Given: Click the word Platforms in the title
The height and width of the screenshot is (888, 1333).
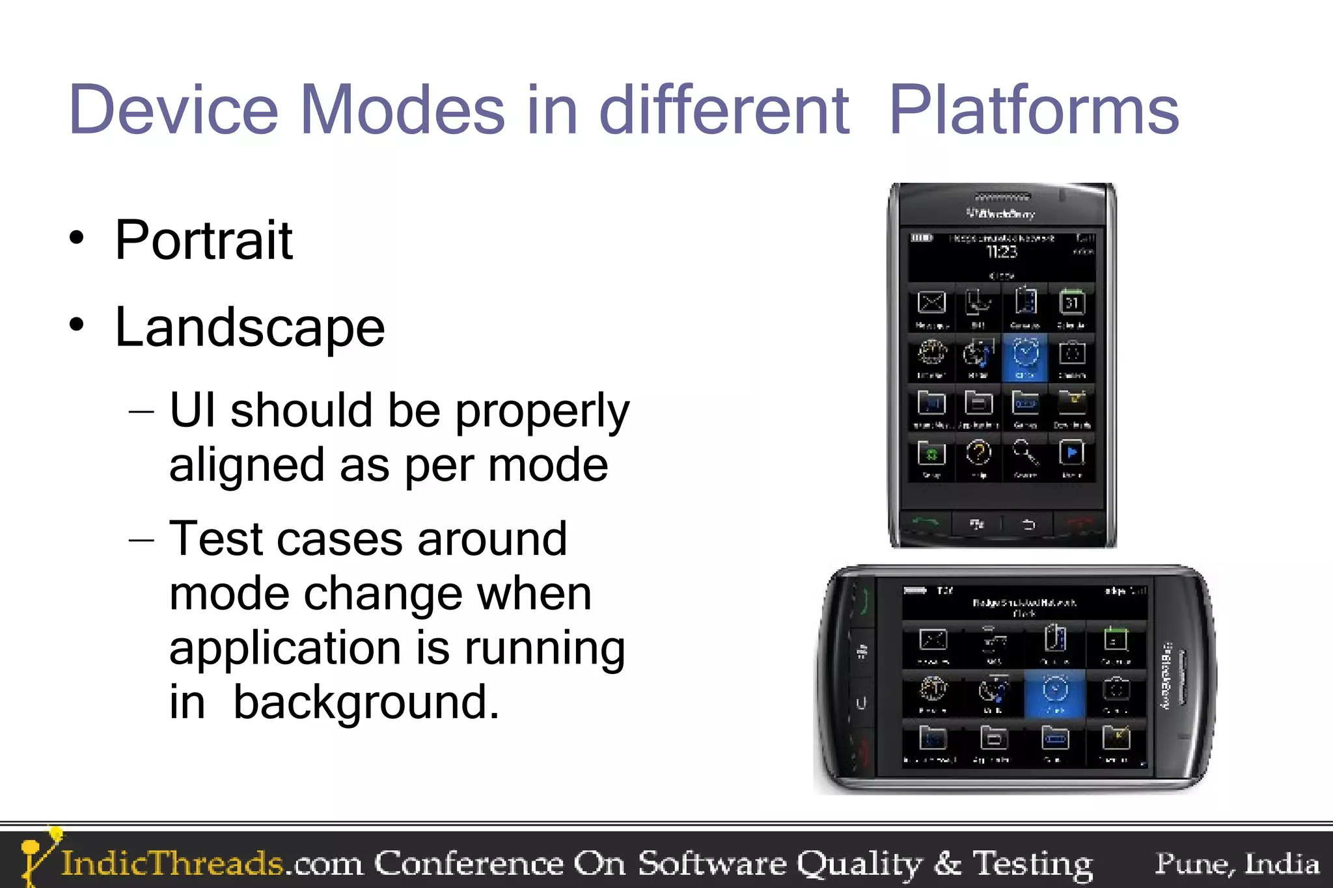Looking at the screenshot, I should coord(1034,111).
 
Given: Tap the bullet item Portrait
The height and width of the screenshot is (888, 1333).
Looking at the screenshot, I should coord(204,241).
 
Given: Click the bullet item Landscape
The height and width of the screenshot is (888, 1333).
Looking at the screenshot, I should coord(250,327).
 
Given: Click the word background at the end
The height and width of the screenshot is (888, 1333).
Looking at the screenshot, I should coord(366,703).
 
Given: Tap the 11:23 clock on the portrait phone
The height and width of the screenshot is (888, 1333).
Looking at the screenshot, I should coord(1001,252).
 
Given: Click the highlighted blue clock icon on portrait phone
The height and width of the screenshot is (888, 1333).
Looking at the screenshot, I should coord(1025,356).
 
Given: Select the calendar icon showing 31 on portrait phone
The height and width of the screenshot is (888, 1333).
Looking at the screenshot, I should coord(1071,303).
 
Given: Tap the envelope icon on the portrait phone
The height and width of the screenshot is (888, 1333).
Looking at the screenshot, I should coord(931,303).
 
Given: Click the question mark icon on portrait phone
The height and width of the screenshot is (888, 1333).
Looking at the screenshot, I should coord(978,453).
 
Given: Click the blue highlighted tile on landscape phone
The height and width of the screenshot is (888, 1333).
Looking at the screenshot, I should coord(1054,693).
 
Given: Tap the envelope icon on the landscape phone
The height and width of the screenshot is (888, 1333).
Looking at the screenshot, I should coord(933,640).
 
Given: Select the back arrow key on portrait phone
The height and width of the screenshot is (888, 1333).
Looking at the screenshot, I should coord(1028,524).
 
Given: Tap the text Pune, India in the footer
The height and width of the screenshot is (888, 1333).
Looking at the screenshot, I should coord(1237,863).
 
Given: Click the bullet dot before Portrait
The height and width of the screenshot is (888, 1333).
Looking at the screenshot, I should coord(77,238).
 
